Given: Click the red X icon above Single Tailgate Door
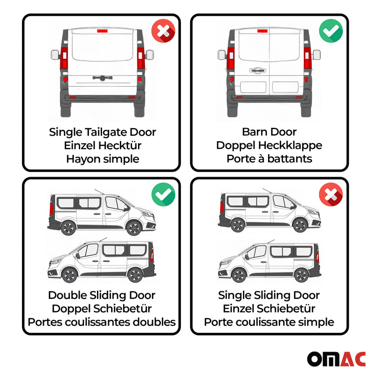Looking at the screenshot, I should coord(163,32).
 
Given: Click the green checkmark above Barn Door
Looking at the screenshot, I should coord(331,32).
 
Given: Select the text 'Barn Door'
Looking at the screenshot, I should coord(269,132).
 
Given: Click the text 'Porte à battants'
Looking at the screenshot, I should coord(269,159).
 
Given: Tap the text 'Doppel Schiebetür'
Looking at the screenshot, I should coord(102,308).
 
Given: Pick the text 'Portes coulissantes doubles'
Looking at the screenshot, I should coord(102,322).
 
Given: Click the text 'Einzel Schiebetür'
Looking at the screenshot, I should coord(269,308).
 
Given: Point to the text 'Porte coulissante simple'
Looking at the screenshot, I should coord(269,322).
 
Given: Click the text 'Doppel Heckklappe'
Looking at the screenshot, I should coord(269,145).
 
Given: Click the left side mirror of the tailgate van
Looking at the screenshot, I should coord(55,55).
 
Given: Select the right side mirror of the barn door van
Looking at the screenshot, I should coord(317,55).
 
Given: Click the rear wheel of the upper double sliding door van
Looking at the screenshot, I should coord(69,228).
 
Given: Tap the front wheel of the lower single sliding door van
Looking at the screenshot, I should coord(238,275).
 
